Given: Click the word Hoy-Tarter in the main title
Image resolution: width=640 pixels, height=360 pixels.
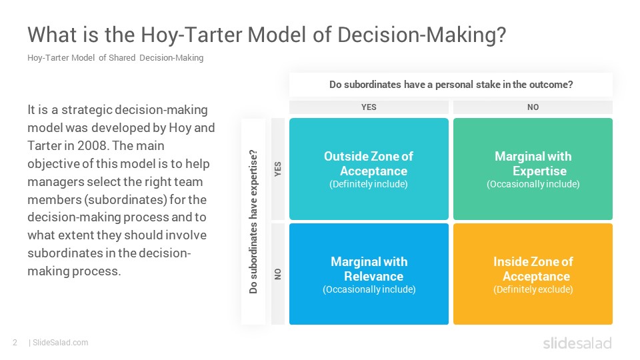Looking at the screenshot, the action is click(x=191, y=35).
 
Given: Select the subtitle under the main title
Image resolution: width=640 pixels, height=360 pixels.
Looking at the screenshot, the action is click(x=115, y=57).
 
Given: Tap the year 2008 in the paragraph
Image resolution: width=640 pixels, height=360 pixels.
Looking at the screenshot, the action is click(x=93, y=146).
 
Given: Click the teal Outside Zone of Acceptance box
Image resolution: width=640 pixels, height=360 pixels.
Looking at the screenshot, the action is click(x=369, y=169).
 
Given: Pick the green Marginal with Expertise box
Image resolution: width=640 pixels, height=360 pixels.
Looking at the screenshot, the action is click(x=533, y=169).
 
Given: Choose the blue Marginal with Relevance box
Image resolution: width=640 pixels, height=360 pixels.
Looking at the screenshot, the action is click(x=369, y=274).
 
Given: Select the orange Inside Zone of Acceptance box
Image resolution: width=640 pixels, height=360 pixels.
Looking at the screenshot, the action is click(x=533, y=274).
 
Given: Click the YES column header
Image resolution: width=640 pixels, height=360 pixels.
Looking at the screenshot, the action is click(x=369, y=107).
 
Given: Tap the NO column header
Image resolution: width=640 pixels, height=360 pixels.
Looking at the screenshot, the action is click(x=533, y=107).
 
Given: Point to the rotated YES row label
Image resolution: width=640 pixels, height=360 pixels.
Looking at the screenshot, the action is click(x=278, y=169).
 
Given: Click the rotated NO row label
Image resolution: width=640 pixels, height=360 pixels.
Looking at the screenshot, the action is click(x=278, y=274).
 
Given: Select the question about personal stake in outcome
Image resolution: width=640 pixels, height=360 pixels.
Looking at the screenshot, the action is click(x=451, y=85).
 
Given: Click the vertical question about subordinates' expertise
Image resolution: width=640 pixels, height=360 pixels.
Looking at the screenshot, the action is click(x=253, y=221).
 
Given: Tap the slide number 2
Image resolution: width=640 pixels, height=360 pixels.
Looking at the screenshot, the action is click(x=15, y=343).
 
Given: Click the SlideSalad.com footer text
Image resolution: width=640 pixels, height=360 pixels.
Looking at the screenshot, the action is click(x=60, y=343).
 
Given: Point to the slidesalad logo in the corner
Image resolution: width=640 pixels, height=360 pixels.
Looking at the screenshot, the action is click(x=577, y=343).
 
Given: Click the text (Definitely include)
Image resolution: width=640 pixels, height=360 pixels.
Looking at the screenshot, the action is click(x=369, y=184).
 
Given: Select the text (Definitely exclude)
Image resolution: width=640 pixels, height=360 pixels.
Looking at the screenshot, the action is click(x=533, y=289).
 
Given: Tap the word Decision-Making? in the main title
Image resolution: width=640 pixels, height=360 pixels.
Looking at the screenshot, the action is click(x=421, y=35).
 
